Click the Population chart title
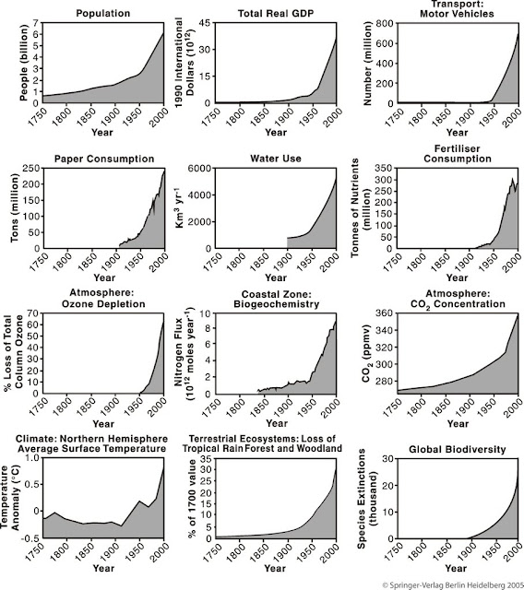(102, 14)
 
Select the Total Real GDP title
(276, 14)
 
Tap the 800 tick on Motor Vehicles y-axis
(385, 23)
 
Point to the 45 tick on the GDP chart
(206, 23)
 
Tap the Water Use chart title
(276, 159)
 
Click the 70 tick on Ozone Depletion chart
(33, 313)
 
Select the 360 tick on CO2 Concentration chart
(385, 313)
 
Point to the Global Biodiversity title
(458, 449)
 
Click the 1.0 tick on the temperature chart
(32, 458)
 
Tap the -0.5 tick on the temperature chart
(30, 538)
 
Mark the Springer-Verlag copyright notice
(453, 585)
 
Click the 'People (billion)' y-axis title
(24, 63)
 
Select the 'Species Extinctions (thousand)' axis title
(367, 499)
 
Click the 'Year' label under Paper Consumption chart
(104, 277)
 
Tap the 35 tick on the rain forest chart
(206, 458)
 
